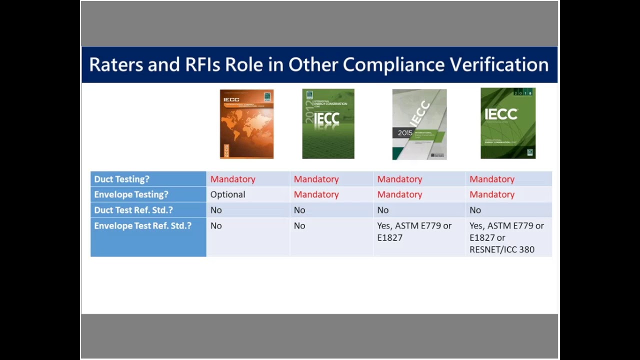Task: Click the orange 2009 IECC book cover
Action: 246,124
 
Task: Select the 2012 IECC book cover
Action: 328,124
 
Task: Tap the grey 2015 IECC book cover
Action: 419,124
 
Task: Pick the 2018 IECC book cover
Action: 507,123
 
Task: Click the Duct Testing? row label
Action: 121,179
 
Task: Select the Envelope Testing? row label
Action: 131,194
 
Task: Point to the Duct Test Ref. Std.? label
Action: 133,210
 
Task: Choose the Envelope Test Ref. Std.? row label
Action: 142,225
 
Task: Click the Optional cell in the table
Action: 227,194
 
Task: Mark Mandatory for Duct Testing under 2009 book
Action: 232,179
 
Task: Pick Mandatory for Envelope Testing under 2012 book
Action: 316,194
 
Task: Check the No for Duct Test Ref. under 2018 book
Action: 475,210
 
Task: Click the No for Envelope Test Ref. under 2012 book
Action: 299,225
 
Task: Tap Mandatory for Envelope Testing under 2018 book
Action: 491,194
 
